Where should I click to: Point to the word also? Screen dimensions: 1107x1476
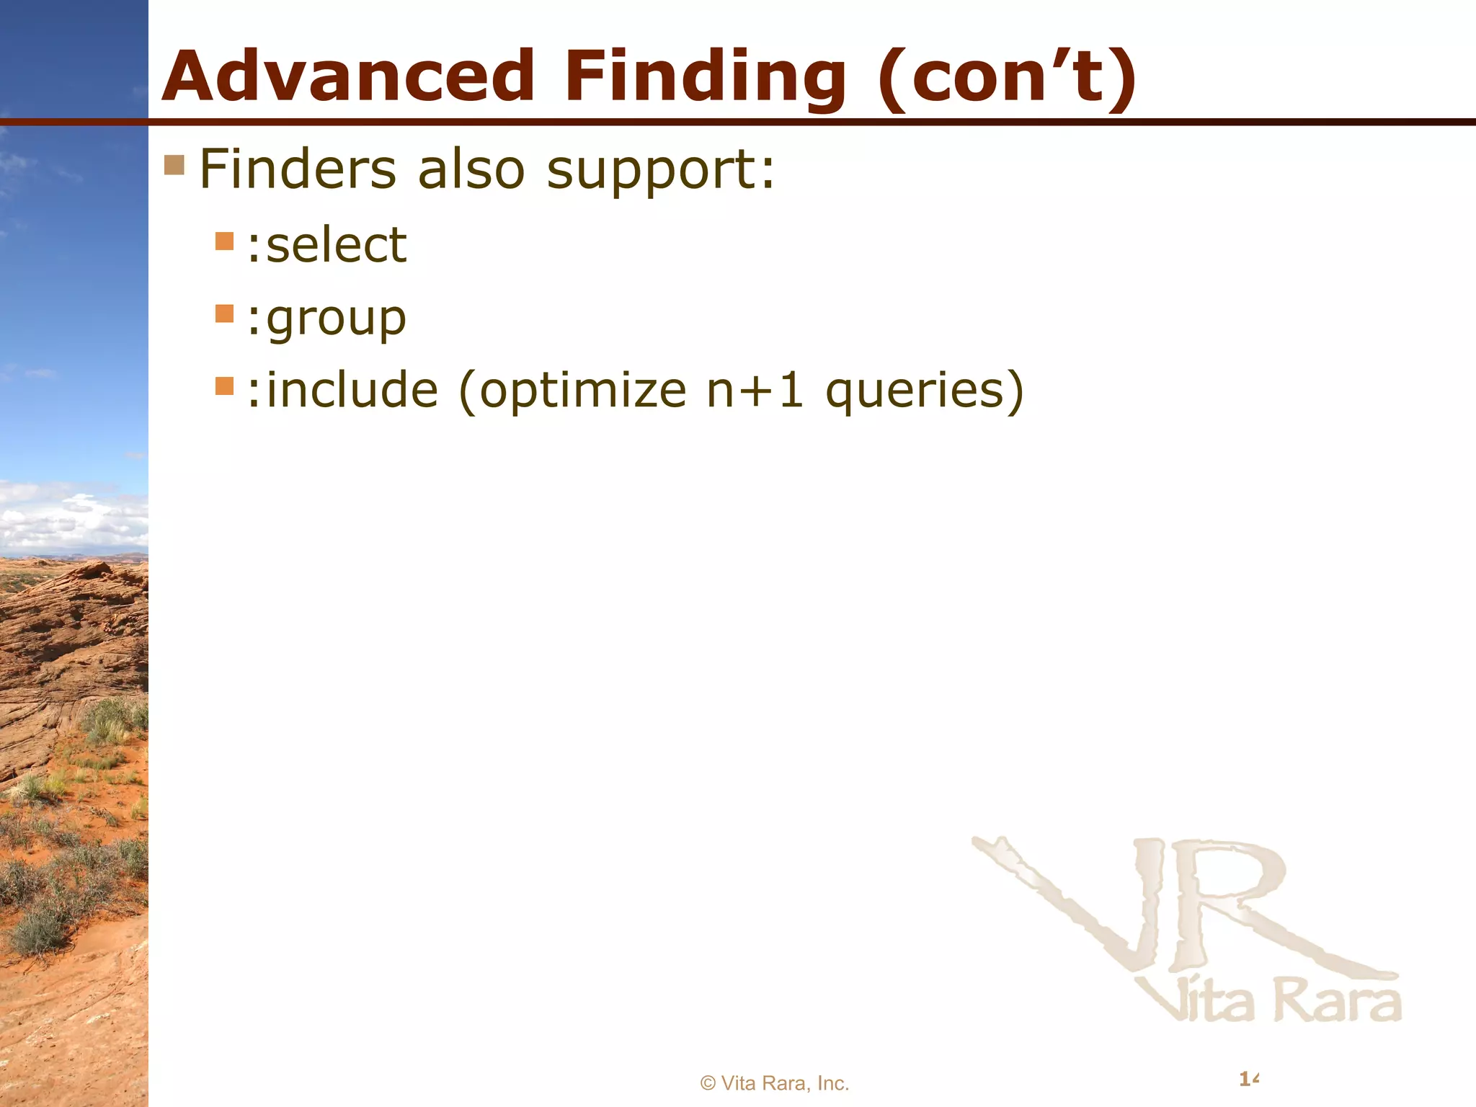pyautogui.click(x=471, y=169)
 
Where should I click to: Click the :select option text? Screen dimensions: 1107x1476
pyautogui.click(x=326, y=245)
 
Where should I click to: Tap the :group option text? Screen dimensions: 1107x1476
pyautogui.click(x=326, y=319)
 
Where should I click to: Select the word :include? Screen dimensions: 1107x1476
pyautogui.click(x=342, y=390)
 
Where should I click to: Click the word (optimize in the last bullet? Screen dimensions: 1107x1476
pyautogui.click(x=572, y=391)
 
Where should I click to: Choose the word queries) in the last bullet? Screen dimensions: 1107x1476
pyautogui.click(x=925, y=391)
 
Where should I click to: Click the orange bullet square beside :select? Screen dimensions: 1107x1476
pyautogui.click(x=225, y=241)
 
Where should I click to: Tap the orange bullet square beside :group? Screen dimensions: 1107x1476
pyautogui.click(x=225, y=314)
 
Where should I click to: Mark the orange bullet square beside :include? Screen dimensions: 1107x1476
pyautogui.click(x=225, y=386)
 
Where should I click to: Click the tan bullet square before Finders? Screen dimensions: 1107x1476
pyautogui.click(x=174, y=165)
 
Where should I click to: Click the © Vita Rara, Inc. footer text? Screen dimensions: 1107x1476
pyautogui.click(x=775, y=1083)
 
